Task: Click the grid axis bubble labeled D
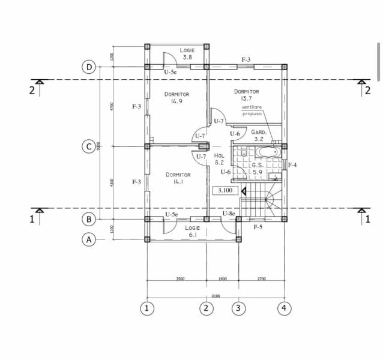(x=89, y=67)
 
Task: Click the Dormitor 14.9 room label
(x=176, y=98)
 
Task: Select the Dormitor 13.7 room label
(x=246, y=95)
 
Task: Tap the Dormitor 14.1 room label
(x=178, y=178)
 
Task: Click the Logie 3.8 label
(x=187, y=54)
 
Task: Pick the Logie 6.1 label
(x=192, y=232)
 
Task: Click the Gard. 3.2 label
(x=259, y=135)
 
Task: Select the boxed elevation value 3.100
(x=225, y=191)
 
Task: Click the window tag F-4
(x=292, y=164)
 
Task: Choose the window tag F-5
(x=258, y=227)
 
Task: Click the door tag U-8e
(x=228, y=214)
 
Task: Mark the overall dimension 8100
(x=216, y=295)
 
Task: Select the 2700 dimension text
(x=262, y=279)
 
